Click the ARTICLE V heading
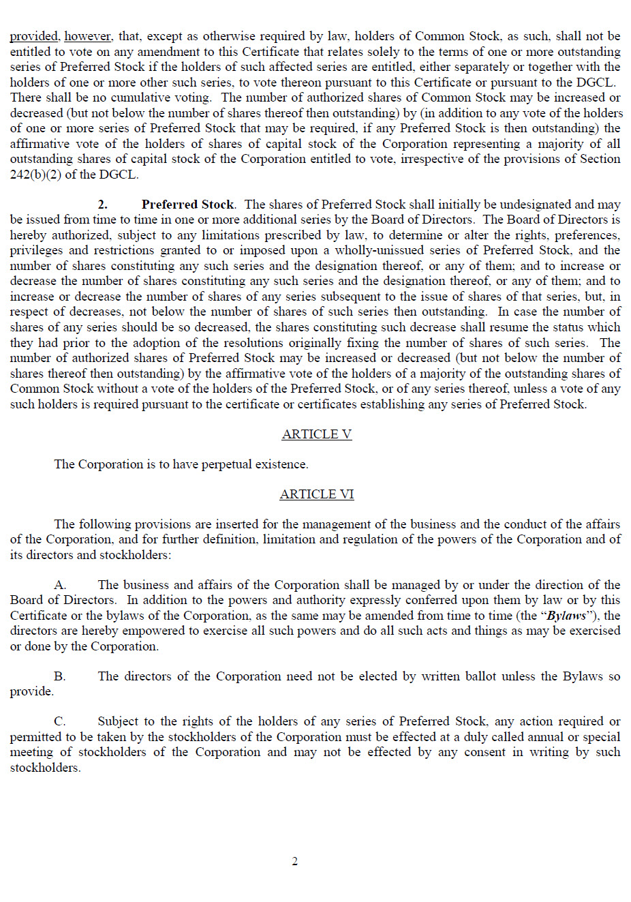(316, 434)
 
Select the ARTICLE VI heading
(316, 494)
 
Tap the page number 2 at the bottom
(294, 862)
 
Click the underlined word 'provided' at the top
(34, 36)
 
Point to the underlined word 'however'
(88, 36)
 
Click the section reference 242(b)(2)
(35, 175)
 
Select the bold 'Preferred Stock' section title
(187, 205)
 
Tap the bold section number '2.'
(102, 205)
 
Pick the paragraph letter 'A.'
(60, 585)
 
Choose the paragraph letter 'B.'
(60, 676)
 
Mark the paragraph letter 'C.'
(60, 721)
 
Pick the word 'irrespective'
(435, 159)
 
